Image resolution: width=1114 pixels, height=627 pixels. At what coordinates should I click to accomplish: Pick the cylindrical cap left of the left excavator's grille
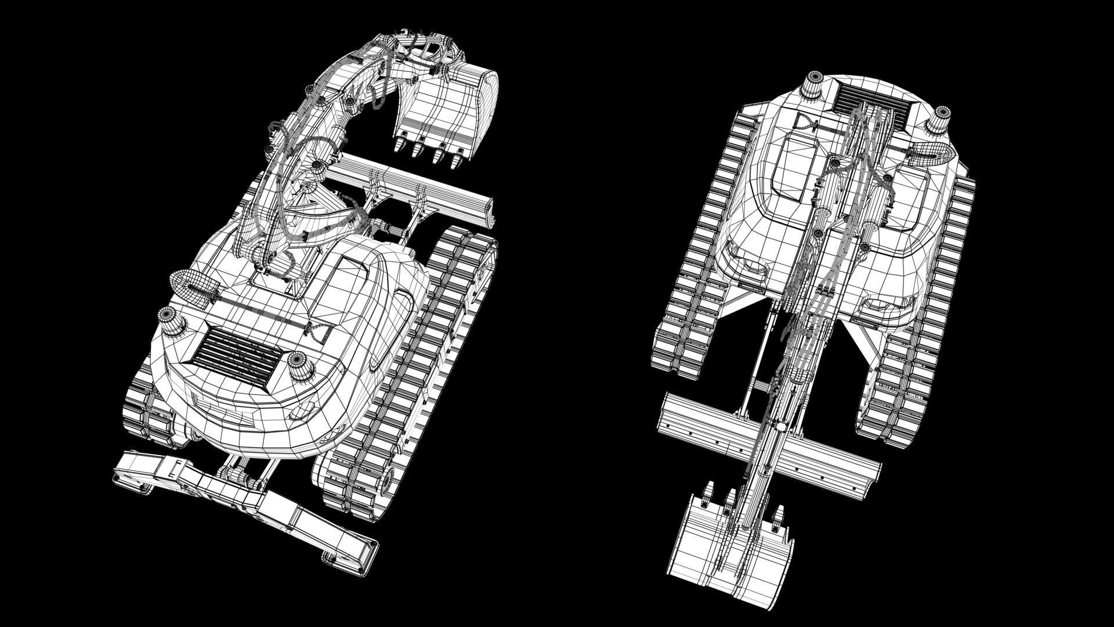(x=172, y=320)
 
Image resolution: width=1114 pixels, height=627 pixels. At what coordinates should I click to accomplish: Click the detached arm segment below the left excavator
(x=244, y=499)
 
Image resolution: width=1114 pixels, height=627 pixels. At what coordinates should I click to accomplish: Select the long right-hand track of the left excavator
(x=406, y=372)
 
